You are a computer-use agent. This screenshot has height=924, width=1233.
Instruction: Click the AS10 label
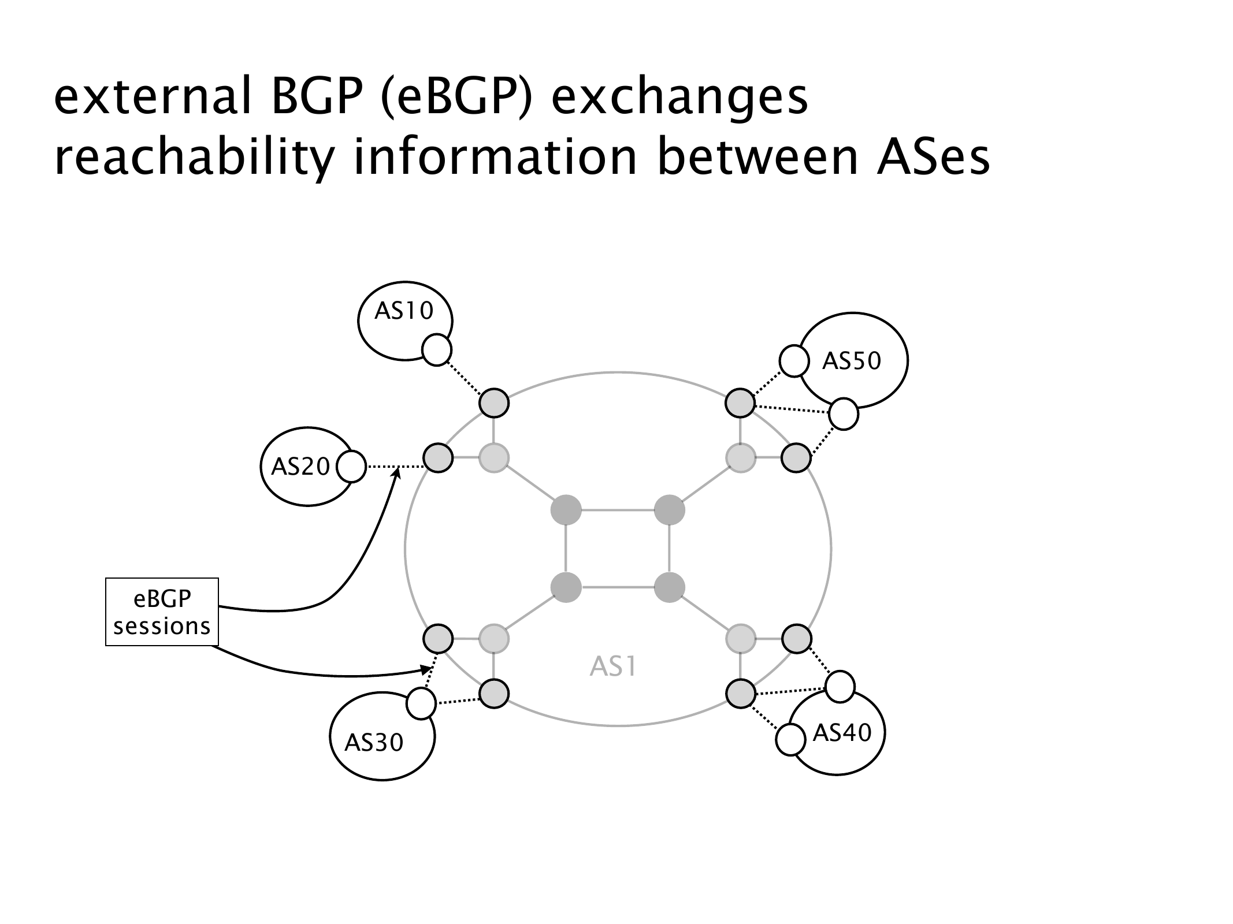pyautogui.click(x=403, y=311)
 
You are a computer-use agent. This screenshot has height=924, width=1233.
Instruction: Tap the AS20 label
pyautogui.click(x=300, y=467)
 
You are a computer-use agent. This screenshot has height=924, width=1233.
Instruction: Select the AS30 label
pyautogui.click(x=374, y=742)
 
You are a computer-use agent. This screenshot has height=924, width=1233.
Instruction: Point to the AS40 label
pyautogui.click(x=841, y=733)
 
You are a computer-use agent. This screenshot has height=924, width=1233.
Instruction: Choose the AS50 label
pyautogui.click(x=852, y=361)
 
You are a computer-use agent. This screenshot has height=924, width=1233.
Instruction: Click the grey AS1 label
pyautogui.click(x=612, y=667)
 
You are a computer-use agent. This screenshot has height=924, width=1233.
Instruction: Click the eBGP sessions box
pyautogui.click(x=162, y=612)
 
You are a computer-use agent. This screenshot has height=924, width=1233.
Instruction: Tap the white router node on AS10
pyautogui.click(x=437, y=350)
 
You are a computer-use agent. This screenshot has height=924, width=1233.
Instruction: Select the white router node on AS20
pyautogui.click(x=351, y=467)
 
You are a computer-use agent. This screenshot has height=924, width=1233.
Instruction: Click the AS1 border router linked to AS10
pyautogui.click(x=494, y=403)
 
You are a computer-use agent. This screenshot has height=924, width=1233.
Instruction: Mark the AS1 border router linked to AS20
pyautogui.click(x=438, y=459)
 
